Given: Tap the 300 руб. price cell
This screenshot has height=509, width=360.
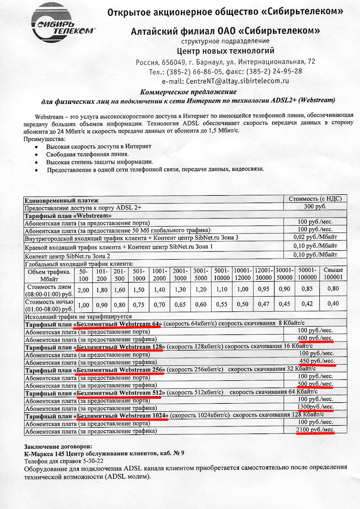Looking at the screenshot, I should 315,207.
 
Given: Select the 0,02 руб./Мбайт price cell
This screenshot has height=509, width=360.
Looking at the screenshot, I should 315,237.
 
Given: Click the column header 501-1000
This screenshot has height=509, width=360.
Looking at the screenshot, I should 138,274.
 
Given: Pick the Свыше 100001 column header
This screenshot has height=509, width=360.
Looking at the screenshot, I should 333,274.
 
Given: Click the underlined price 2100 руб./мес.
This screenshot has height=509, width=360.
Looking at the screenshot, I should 315,430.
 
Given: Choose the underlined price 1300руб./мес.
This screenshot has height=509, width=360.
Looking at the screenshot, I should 315,407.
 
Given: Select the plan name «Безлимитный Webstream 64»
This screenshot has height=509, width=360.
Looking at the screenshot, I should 118,323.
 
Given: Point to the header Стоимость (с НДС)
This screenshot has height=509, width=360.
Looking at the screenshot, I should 315,199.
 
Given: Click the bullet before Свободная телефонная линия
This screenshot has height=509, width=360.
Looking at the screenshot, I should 36,154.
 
